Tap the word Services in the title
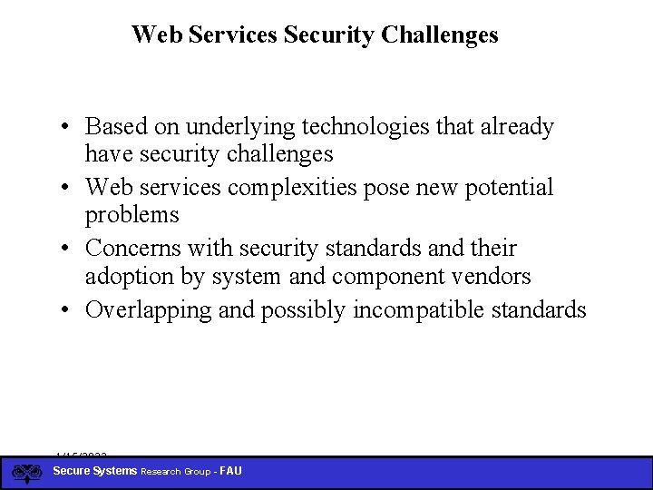coord(234,35)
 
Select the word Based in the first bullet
coord(113,127)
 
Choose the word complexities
coord(296,188)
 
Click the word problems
coord(132,216)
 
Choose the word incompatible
coord(415,310)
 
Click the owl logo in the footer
coord(27,473)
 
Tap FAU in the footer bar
coord(229,471)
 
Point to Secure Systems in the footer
coord(95,471)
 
